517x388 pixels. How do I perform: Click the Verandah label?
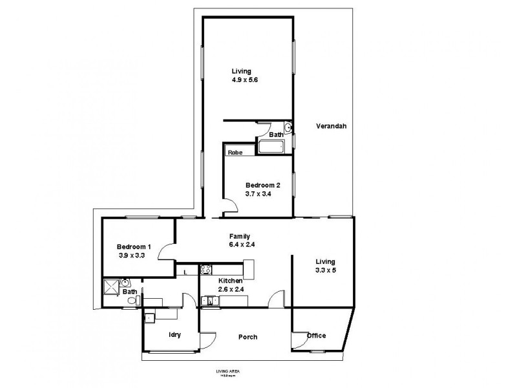(332, 126)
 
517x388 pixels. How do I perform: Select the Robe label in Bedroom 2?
(234, 152)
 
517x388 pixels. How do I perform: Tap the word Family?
(239, 236)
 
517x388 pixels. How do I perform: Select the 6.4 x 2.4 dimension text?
(239, 245)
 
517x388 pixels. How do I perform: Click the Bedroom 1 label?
(134, 246)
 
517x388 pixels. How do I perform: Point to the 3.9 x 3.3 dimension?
(134, 255)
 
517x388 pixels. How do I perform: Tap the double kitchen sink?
(209, 300)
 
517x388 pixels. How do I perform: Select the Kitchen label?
(230, 281)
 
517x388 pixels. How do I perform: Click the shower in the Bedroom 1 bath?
(111, 284)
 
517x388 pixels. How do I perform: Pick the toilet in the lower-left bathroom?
(133, 301)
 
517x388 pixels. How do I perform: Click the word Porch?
(248, 336)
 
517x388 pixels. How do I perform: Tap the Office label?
(316, 335)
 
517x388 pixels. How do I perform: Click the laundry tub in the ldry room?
(150, 318)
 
